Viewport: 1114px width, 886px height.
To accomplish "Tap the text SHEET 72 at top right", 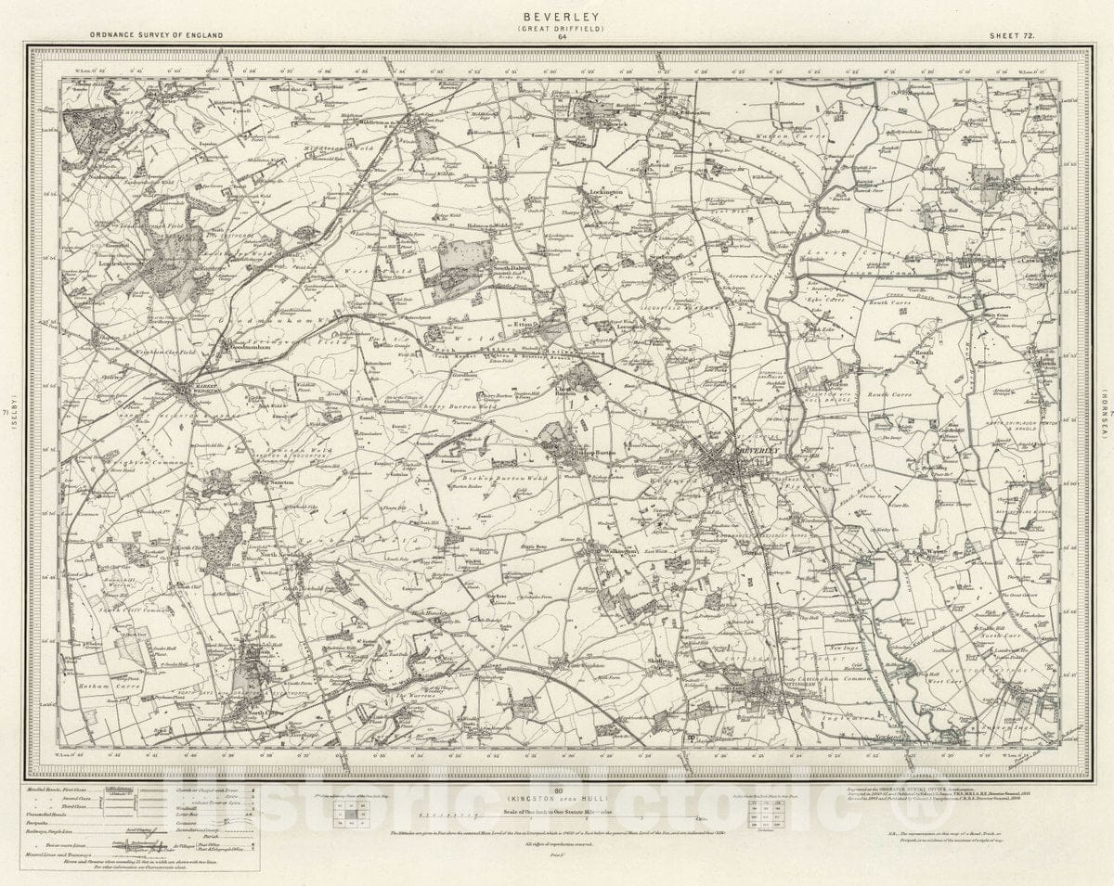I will click(x=1009, y=33).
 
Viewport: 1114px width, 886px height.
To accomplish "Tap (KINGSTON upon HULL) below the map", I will click(x=558, y=798).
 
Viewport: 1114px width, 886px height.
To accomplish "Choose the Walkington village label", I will click(x=617, y=550).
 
